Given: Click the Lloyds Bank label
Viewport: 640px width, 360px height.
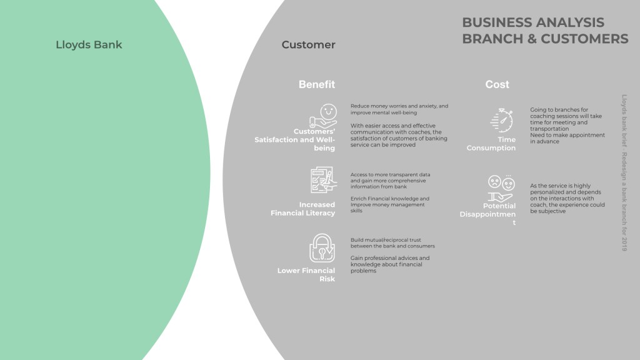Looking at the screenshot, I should (89, 45).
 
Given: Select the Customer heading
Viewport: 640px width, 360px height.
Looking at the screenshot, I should (308, 45).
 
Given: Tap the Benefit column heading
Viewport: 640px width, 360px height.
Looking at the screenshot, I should (316, 84).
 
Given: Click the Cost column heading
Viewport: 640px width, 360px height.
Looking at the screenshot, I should (497, 84).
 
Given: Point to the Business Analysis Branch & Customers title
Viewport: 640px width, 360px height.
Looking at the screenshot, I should (544, 31).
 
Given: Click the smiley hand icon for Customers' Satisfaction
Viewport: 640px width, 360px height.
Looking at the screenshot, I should (322, 117).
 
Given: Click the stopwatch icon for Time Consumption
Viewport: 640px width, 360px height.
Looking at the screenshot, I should (502, 119).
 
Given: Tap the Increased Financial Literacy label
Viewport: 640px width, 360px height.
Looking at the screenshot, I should (303, 209).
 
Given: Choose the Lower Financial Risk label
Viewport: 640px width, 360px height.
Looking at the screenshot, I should (306, 275).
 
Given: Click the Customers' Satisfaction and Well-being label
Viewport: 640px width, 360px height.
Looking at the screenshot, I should (295, 139).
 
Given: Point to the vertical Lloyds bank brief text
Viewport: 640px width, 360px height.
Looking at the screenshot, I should (624, 172).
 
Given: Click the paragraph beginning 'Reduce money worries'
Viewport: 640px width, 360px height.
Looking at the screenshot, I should (399, 109).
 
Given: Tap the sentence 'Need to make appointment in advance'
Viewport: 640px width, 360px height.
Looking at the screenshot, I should (567, 138).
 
